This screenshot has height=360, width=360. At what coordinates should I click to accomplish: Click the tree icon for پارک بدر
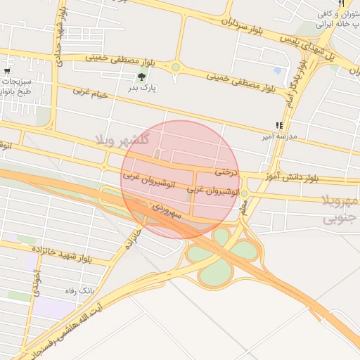tap(141, 77)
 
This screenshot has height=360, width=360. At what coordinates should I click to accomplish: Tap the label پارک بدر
tap(141, 89)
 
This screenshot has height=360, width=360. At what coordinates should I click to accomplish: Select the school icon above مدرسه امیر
tap(279, 126)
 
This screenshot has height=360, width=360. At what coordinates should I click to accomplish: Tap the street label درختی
tap(226, 172)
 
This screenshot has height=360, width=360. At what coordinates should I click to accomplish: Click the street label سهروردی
tap(167, 209)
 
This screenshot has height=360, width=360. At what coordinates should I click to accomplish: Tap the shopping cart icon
tap(7, 71)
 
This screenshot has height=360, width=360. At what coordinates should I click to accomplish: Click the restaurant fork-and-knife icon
tap(340, 4)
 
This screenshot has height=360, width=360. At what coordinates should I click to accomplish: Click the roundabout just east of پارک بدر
tap(175, 67)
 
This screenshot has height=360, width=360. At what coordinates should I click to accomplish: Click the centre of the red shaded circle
tap(181, 179)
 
